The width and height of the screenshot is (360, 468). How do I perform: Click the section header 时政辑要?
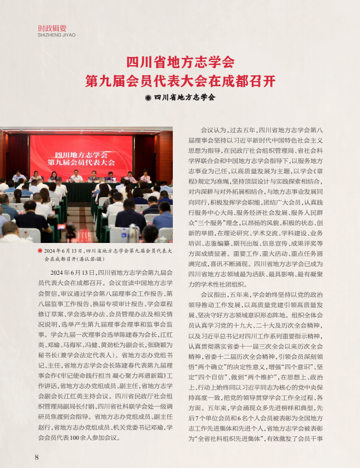[52, 28]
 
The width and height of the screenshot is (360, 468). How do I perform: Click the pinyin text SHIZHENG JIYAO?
[56, 35]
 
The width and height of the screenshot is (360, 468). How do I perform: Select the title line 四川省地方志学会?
[180, 63]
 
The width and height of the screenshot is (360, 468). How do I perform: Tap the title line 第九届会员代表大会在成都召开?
[180, 81]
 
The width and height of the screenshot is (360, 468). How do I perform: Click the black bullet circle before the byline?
[148, 97]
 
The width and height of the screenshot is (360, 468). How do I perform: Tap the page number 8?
[37, 457]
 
